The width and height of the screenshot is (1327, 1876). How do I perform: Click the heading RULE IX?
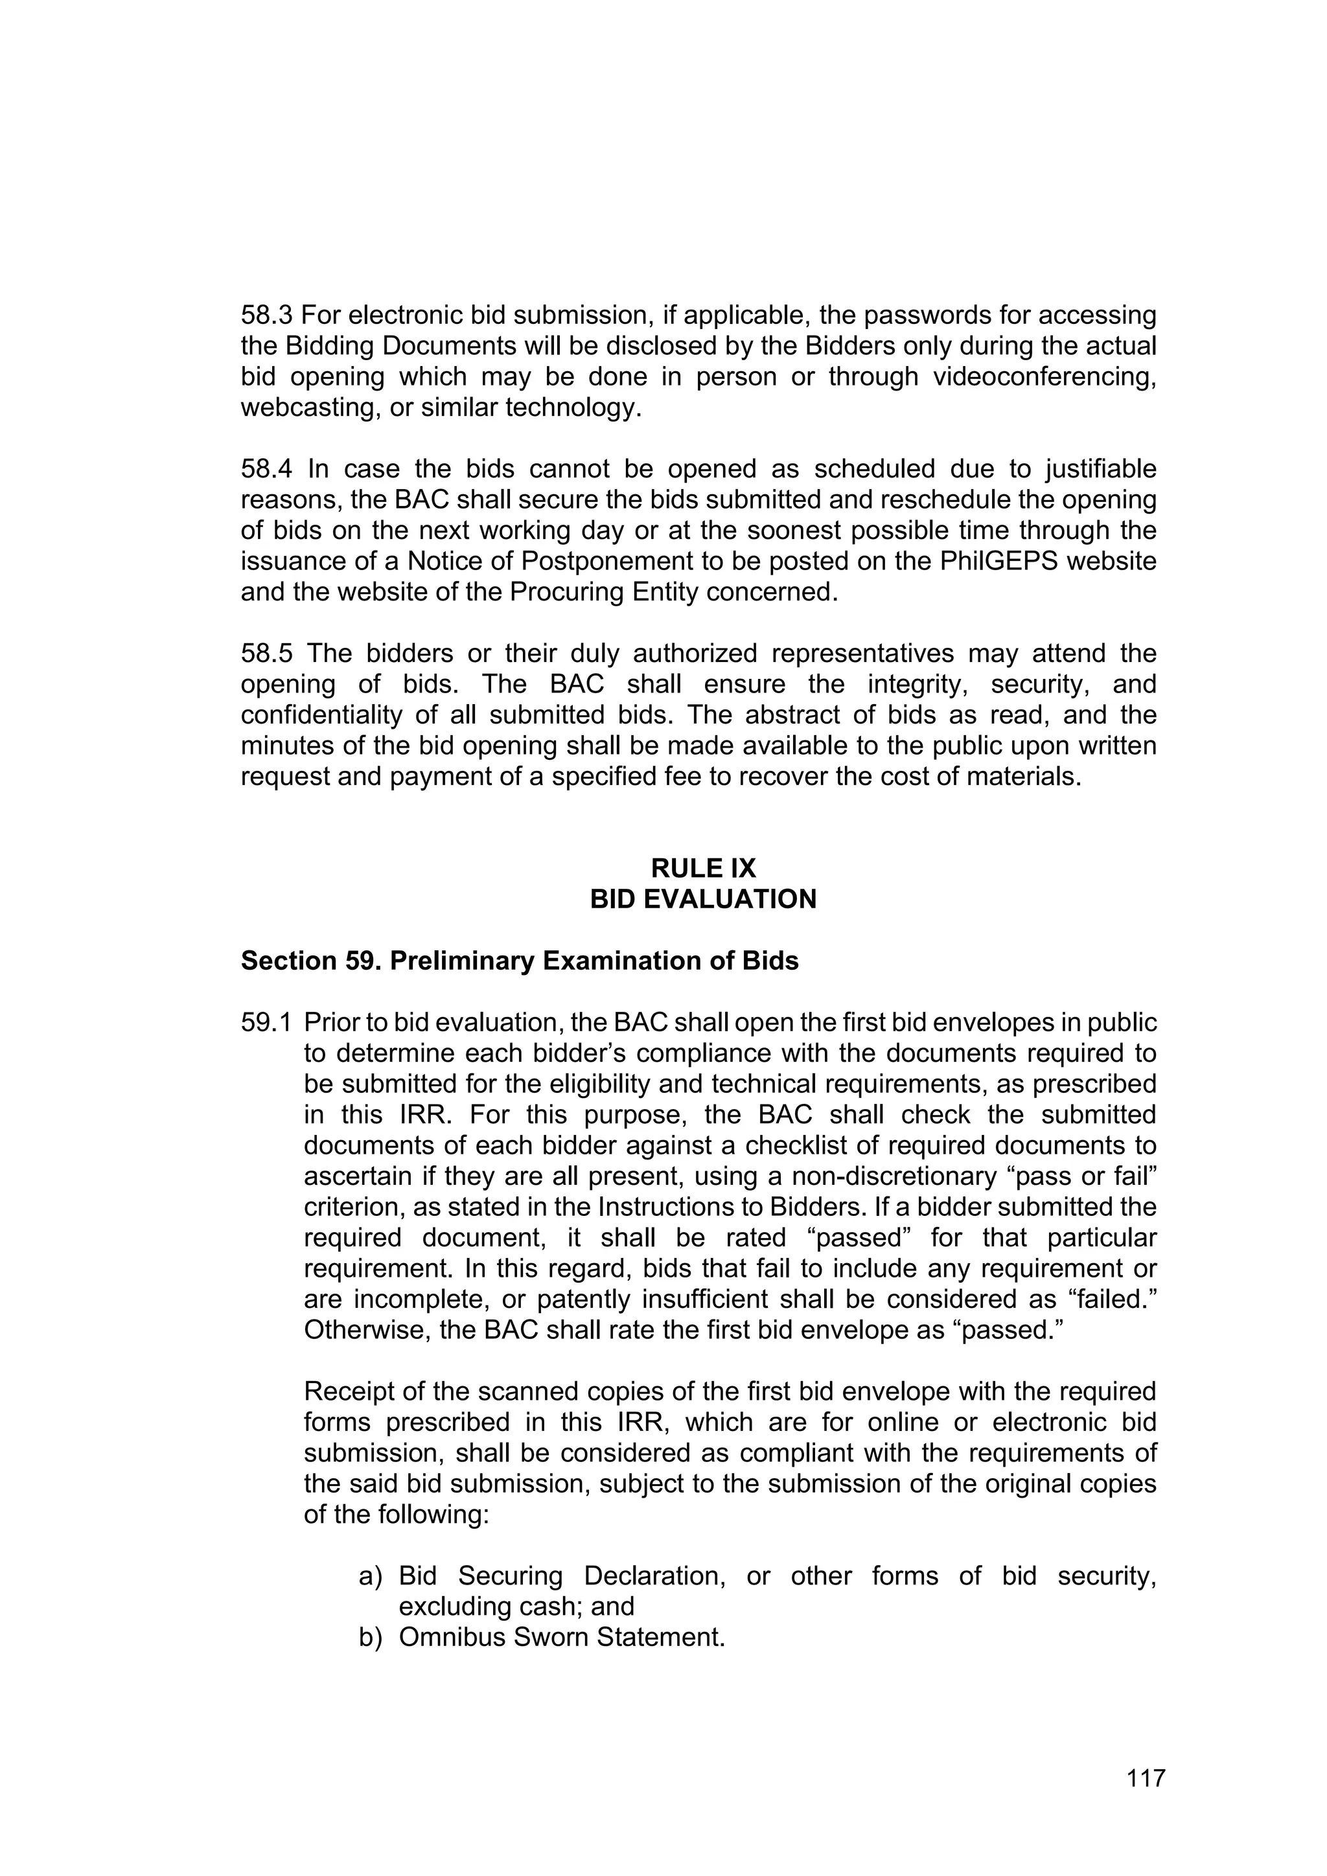click(703, 868)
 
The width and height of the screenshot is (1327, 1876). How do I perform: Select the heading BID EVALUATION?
click(703, 898)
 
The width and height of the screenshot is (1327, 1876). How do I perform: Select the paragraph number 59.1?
click(266, 1022)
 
